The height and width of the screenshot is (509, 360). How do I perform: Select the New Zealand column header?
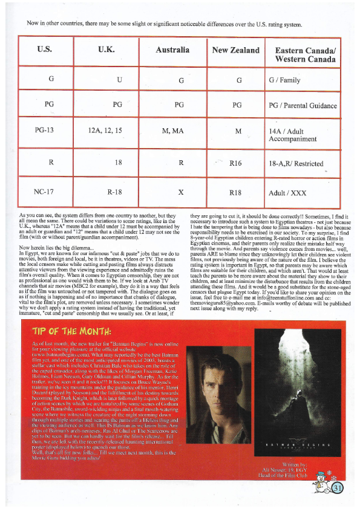pyautogui.click(x=235, y=50)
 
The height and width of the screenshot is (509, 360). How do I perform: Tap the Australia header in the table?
pyautogui.click(x=172, y=50)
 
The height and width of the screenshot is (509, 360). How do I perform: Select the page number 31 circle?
pyautogui.click(x=337, y=487)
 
